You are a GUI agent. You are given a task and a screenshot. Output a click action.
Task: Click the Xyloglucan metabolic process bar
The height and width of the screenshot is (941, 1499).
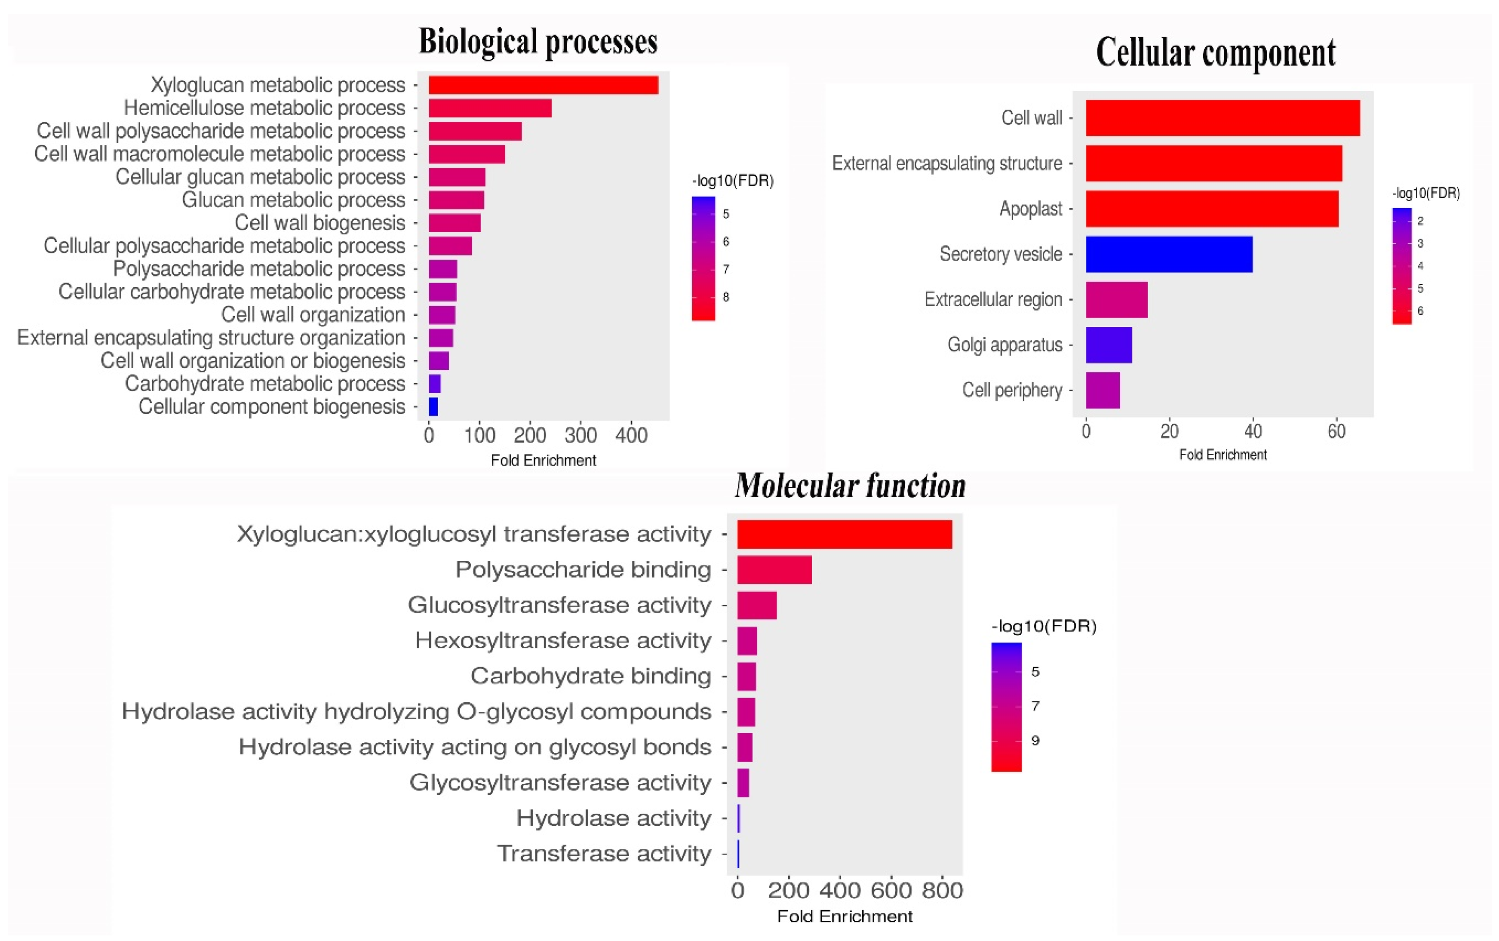click(x=543, y=85)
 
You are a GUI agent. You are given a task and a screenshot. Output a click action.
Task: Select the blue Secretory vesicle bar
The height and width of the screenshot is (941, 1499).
click(x=1169, y=254)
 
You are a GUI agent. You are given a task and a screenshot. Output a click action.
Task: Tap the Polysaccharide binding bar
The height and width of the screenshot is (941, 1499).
click(x=774, y=569)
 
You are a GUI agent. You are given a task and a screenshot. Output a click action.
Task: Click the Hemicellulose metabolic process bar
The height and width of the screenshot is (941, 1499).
click(x=490, y=108)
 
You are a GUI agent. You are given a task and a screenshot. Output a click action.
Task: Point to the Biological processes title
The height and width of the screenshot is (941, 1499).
click(x=538, y=42)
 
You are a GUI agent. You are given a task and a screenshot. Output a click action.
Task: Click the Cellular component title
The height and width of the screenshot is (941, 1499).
click(x=1215, y=52)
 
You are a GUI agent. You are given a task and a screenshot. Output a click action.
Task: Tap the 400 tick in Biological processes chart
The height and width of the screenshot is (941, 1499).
click(x=631, y=435)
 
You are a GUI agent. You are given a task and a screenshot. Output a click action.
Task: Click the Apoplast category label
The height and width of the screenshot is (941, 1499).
click(x=1030, y=209)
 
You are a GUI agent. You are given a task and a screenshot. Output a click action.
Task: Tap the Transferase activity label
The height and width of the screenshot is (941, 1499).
click(x=604, y=853)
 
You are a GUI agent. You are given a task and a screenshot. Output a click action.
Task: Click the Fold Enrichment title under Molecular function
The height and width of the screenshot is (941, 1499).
click(x=845, y=916)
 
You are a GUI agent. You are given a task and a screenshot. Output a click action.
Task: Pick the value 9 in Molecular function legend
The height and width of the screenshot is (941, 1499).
click(x=1035, y=741)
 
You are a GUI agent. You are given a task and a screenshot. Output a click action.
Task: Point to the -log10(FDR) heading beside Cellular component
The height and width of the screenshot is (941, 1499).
click(x=1425, y=193)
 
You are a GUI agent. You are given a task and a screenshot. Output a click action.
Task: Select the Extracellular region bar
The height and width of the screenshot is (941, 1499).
click(x=1116, y=299)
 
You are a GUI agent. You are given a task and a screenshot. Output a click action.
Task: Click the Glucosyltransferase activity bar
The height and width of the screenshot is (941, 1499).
click(x=757, y=605)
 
